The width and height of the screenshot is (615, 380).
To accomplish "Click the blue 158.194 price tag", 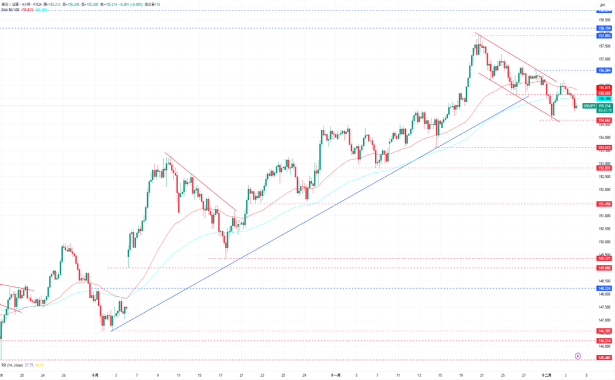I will pyautogui.click(x=604, y=28).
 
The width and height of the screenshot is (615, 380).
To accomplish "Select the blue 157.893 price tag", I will pyautogui.click(x=604, y=36).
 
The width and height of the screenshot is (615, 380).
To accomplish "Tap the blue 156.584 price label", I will pyautogui.click(x=604, y=70).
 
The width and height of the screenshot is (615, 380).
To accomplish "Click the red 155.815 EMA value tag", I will pyautogui.click(x=604, y=87).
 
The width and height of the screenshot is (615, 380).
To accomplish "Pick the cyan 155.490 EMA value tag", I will pyautogui.click(x=604, y=99).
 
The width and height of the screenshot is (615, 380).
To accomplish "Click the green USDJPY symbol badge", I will pyautogui.click(x=589, y=106).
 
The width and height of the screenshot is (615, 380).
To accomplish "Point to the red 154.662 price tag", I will pyautogui.click(x=604, y=120).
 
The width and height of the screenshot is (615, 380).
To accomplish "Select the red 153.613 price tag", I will pyautogui.click(x=604, y=148).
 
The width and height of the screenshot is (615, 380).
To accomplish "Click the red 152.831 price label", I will pyautogui.click(x=604, y=168).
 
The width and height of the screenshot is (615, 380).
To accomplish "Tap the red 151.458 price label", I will pyautogui.click(x=604, y=204).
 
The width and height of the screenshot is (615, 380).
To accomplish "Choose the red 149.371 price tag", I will pyautogui.click(x=604, y=258).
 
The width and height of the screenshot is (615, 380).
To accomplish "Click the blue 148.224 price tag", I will pyautogui.click(x=604, y=288).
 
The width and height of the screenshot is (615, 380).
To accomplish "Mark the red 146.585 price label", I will pyautogui.click(x=604, y=331).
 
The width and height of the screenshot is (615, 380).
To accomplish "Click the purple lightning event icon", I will pyautogui.click(x=578, y=356).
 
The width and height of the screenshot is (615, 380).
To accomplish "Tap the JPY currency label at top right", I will pyautogui.click(x=602, y=5).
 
